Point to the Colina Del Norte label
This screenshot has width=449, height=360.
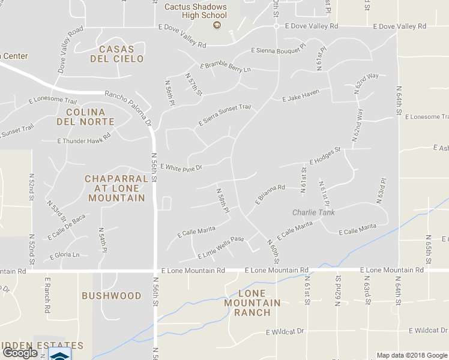(x=85, y=116)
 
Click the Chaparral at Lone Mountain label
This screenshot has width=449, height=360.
(x=116, y=188)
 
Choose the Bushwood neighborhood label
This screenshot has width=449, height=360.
(x=111, y=296)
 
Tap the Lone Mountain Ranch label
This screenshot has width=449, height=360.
(x=252, y=302)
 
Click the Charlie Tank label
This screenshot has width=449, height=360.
(x=313, y=212)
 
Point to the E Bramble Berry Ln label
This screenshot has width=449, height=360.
(x=225, y=67)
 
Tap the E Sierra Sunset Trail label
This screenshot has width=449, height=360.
(x=225, y=115)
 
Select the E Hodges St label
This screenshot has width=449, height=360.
(x=325, y=155)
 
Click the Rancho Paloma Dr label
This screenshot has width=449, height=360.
(x=130, y=103)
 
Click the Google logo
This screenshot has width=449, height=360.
(x=20, y=352)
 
